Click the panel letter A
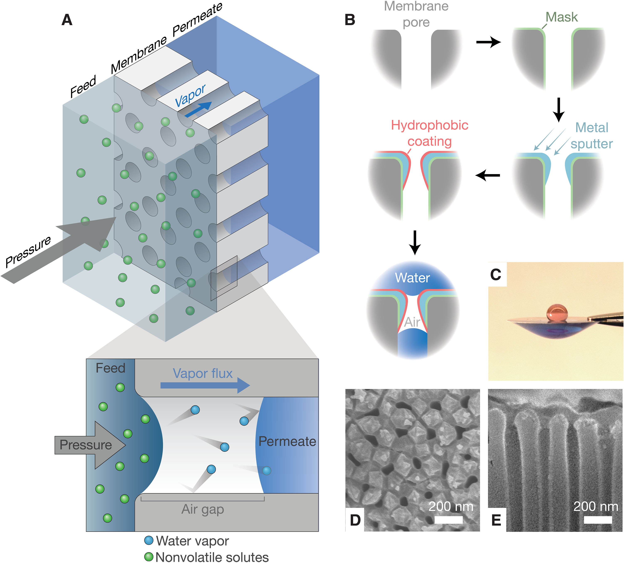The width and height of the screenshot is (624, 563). pos(67,20)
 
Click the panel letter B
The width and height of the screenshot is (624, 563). pos(350,20)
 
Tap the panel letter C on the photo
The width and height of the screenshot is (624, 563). pos(496,274)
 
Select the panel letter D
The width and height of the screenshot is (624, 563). pos(355,520)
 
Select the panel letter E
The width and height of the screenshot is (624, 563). pos(496,520)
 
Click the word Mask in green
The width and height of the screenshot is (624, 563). pos(562,17)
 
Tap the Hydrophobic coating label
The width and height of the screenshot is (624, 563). pos(430,133)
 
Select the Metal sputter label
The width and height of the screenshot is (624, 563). pos(592,135)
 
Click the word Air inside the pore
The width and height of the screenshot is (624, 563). pos(412,322)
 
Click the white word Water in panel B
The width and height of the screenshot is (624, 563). pos(412,278)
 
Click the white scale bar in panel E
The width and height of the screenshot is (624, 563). pos(598,520)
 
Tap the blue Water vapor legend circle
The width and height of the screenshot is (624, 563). pos(149,540)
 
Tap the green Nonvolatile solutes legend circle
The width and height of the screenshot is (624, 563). pos(149,557)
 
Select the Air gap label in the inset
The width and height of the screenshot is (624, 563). pos(203,509)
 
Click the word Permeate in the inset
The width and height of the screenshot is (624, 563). pos(287,441)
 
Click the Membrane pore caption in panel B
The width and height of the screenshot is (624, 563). pos(416,14)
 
